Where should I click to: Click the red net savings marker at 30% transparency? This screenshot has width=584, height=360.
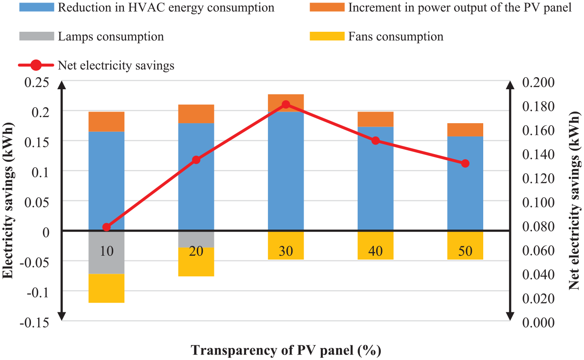tap(286, 105)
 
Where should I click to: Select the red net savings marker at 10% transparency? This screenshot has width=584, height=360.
tap(106, 227)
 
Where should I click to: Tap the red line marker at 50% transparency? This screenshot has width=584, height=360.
tap(465, 163)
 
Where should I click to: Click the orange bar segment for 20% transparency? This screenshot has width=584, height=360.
tap(196, 114)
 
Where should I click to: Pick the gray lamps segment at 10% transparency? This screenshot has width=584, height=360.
tap(106, 253)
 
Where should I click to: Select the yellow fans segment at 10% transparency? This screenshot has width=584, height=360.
tap(106, 288)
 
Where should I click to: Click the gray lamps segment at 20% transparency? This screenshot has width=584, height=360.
tap(196, 239)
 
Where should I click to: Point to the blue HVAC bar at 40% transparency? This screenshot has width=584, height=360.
tap(376, 178)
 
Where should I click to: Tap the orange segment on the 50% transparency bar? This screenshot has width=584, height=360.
tap(465, 130)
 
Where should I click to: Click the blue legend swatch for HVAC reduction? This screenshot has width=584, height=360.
tap(37, 7)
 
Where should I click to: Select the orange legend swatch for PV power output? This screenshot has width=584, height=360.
tap(327, 7)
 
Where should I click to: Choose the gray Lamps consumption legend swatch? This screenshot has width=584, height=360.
tap(37, 36)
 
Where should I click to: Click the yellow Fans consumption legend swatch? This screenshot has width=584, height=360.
tap(327, 36)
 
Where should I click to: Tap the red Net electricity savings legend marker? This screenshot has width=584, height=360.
tap(36, 65)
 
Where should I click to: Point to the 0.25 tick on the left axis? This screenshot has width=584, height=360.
tap(37, 82)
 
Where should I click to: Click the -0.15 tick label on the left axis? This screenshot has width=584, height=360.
tap(34, 323)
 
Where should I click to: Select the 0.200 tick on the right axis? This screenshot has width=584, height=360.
tap(539, 82)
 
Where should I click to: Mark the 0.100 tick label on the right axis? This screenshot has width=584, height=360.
tap(539, 203)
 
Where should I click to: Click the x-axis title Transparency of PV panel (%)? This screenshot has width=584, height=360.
tap(286, 351)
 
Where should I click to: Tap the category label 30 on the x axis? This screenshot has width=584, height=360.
tap(286, 251)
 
